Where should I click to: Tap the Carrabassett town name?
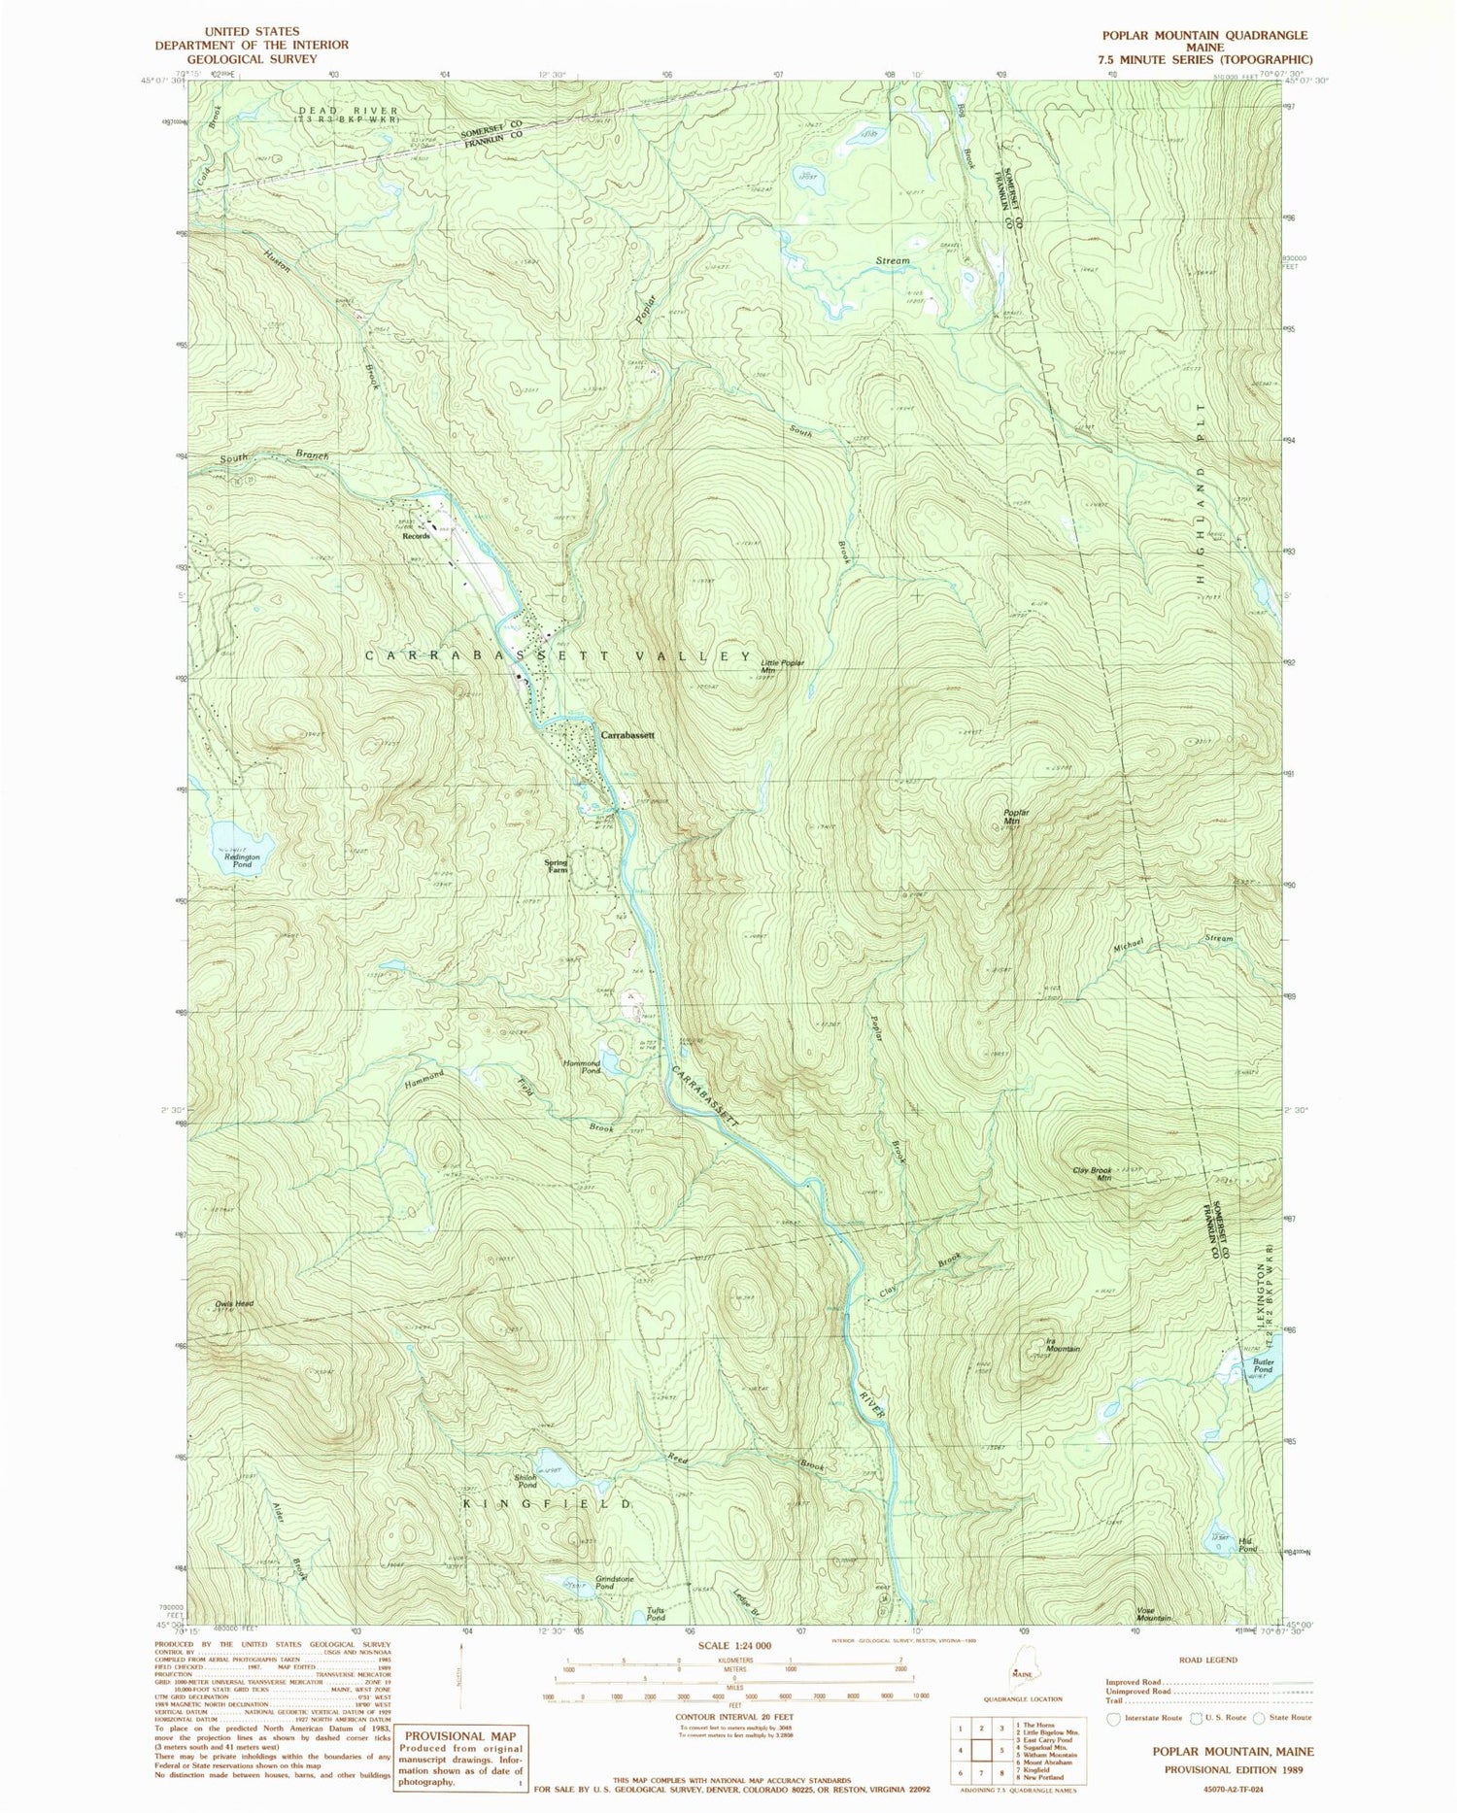(627, 735)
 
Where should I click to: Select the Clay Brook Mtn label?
(1092, 1174)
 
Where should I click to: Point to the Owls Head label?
(235, 1303)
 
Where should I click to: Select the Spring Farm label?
(556, 866)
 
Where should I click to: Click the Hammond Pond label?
(582, 1065)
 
